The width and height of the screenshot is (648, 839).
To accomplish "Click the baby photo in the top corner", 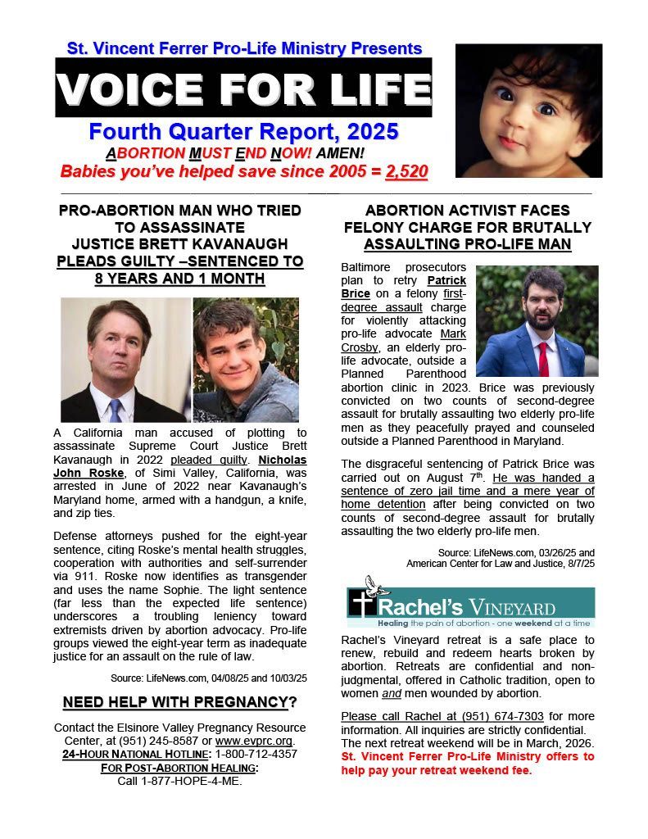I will click(x=528, y=111).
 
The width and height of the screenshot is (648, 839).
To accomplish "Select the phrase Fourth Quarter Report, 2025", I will click(x=243, y=130).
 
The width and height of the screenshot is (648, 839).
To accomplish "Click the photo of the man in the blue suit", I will click(x=537, y=320).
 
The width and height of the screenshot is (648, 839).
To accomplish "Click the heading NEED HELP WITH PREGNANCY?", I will click(x=180, y=702).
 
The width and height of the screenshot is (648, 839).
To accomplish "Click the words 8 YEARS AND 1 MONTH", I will click(x=181, y=279).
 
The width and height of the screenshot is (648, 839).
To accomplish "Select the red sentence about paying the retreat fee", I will click(x=467, y=763).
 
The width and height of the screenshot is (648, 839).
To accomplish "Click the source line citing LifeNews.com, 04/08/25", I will click(x=209, y=678).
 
